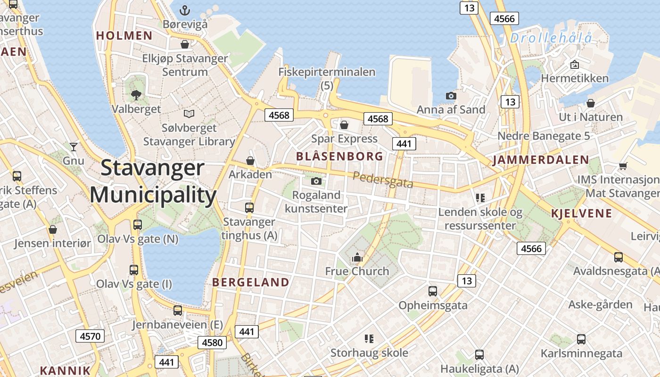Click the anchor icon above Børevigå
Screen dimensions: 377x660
(185, 10)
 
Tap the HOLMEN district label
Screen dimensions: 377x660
(124, 35)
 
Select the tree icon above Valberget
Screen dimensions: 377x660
(136, 95)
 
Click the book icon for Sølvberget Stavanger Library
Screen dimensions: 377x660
(189, 114)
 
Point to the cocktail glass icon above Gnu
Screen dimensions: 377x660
(73, 147)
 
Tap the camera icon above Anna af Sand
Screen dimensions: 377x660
(451, 96)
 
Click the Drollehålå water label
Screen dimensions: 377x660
(551, 38)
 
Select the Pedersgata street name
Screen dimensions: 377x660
(382, 180)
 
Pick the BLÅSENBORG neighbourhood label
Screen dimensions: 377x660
(339, 156)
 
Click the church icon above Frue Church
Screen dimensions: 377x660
(357, 257)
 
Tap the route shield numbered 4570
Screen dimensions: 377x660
(90, 336)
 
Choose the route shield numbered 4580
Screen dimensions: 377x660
(212, 342)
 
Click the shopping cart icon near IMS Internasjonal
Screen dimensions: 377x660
(623, 165)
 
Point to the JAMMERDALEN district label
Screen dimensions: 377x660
(541, 160)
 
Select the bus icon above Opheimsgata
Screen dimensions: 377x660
(432, 291)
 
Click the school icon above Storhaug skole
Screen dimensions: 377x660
(369, 338)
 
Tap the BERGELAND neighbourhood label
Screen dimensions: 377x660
(251, 282)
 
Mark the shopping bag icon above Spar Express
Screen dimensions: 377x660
(344, 125)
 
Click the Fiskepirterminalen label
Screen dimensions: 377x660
(327, 72)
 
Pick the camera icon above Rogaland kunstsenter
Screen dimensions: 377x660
(316, 181)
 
